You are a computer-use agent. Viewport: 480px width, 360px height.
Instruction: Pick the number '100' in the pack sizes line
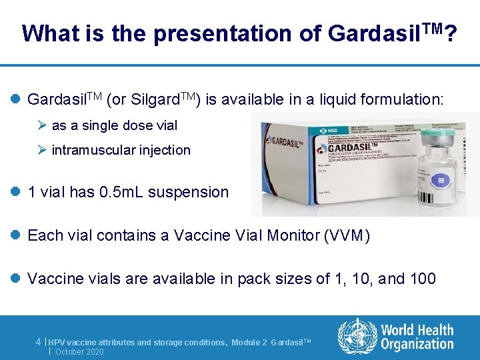tap(423, 278)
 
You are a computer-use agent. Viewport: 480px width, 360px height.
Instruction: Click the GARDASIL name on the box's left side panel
tap(282, 142)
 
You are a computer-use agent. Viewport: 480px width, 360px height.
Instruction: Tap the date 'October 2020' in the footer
tap(79, 351)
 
